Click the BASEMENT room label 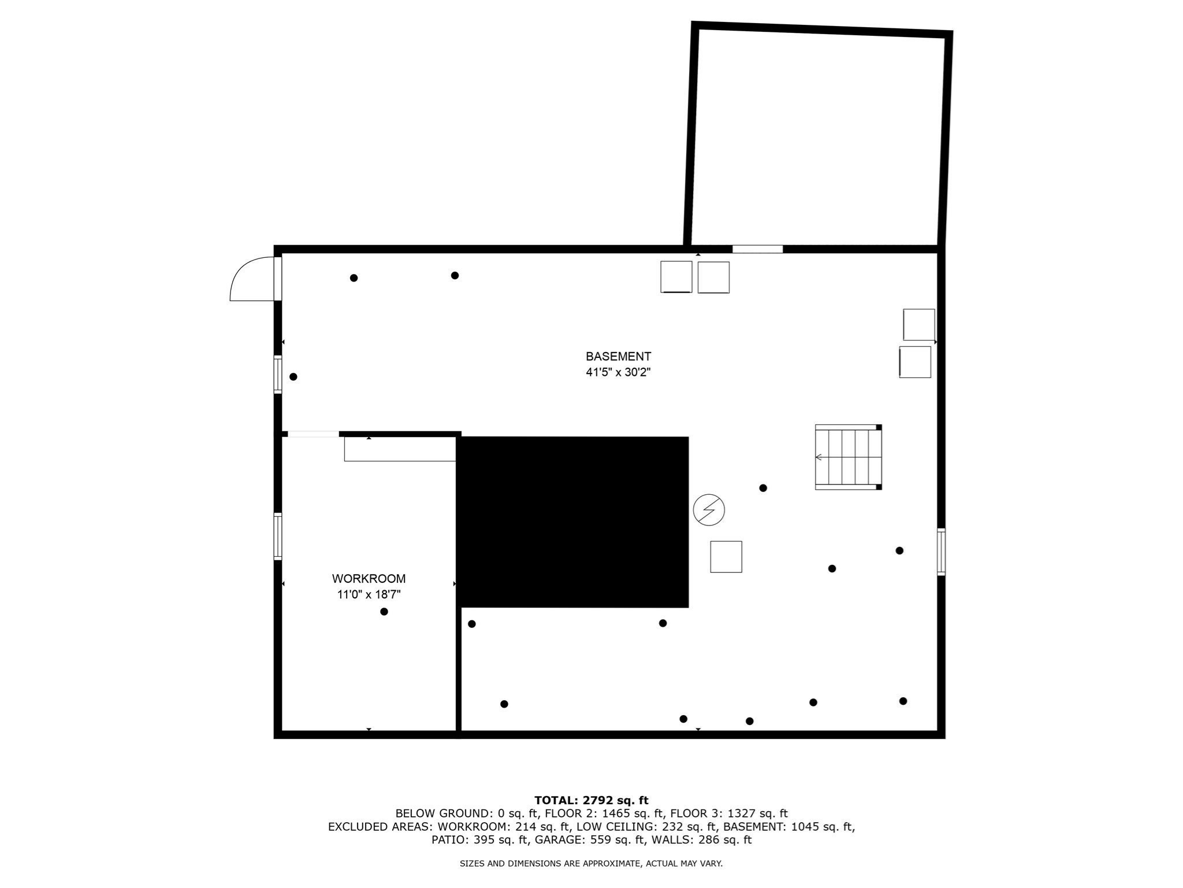click(x=618, y=357)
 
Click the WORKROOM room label click(x=369, y=579)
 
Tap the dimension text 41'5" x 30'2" click(x=618, y=372)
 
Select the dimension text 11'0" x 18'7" click(x=369, y=594)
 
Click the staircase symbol click(x=848, y=457)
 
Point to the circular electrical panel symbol click(x=709, y=510)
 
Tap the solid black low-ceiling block click(x=573, y=522)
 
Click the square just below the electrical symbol click(x=726, y=557)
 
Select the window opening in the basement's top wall click(x=757, y=249)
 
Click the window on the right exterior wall click(x=941, y=552)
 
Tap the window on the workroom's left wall click(x=278, y=536)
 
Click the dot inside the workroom click(x=384, y=612)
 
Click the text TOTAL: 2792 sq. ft click(x=591, y=801)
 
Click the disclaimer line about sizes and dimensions click(x=591, y=864)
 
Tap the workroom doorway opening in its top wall click(x=313, y=434)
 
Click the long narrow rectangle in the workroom click(x=400, y=449)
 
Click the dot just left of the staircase click(x=763, y=488)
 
